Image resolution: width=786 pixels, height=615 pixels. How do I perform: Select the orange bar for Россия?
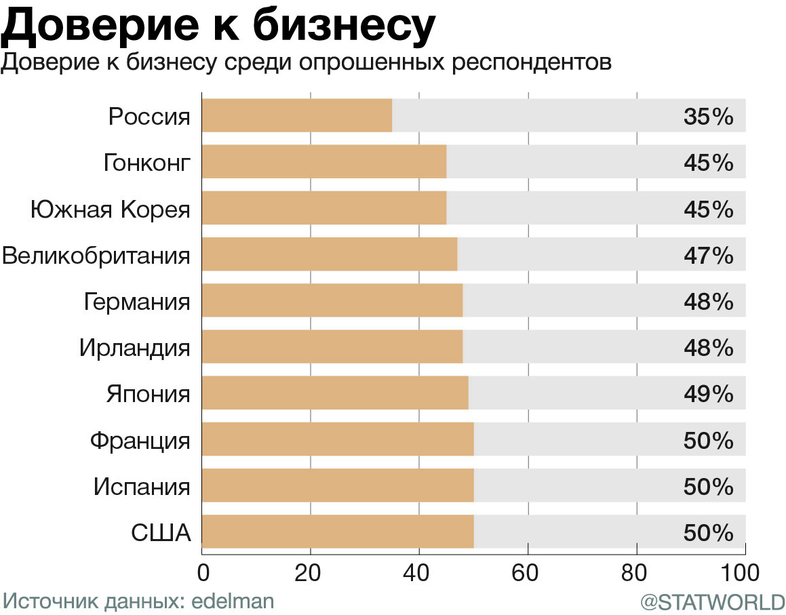tap(297, 115)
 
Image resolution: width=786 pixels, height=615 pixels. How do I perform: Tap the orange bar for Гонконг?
tap(324, 161)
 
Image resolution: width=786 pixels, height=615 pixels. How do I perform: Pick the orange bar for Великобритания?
tap(330, 254)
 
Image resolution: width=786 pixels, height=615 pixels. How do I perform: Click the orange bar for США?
tap(338, 531)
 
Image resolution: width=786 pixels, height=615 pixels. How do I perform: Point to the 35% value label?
tap(709, 117)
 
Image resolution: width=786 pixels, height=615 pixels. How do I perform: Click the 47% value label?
tap(709, 256)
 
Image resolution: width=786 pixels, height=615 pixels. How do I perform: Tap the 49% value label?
tap(709, 394)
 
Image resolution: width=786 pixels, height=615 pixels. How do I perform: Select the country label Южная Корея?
tap(110, 210)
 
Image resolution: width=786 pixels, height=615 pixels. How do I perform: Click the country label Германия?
tap(137, 302)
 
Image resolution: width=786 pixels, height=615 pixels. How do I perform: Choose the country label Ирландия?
tap(134, 349)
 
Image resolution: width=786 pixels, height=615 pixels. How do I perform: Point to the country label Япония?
tap(148, 394)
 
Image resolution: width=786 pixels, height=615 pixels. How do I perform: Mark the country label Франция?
tap(140, 441)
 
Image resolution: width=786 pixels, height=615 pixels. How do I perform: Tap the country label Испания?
tap(142, 487)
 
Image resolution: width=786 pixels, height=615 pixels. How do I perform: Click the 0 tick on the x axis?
tap(202, 573)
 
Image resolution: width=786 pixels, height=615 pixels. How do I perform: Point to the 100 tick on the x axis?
tap(744, 573)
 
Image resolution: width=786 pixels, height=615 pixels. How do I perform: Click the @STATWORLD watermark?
tap(712, 602)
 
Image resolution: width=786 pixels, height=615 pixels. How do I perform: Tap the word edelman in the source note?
tap(233, 601)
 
